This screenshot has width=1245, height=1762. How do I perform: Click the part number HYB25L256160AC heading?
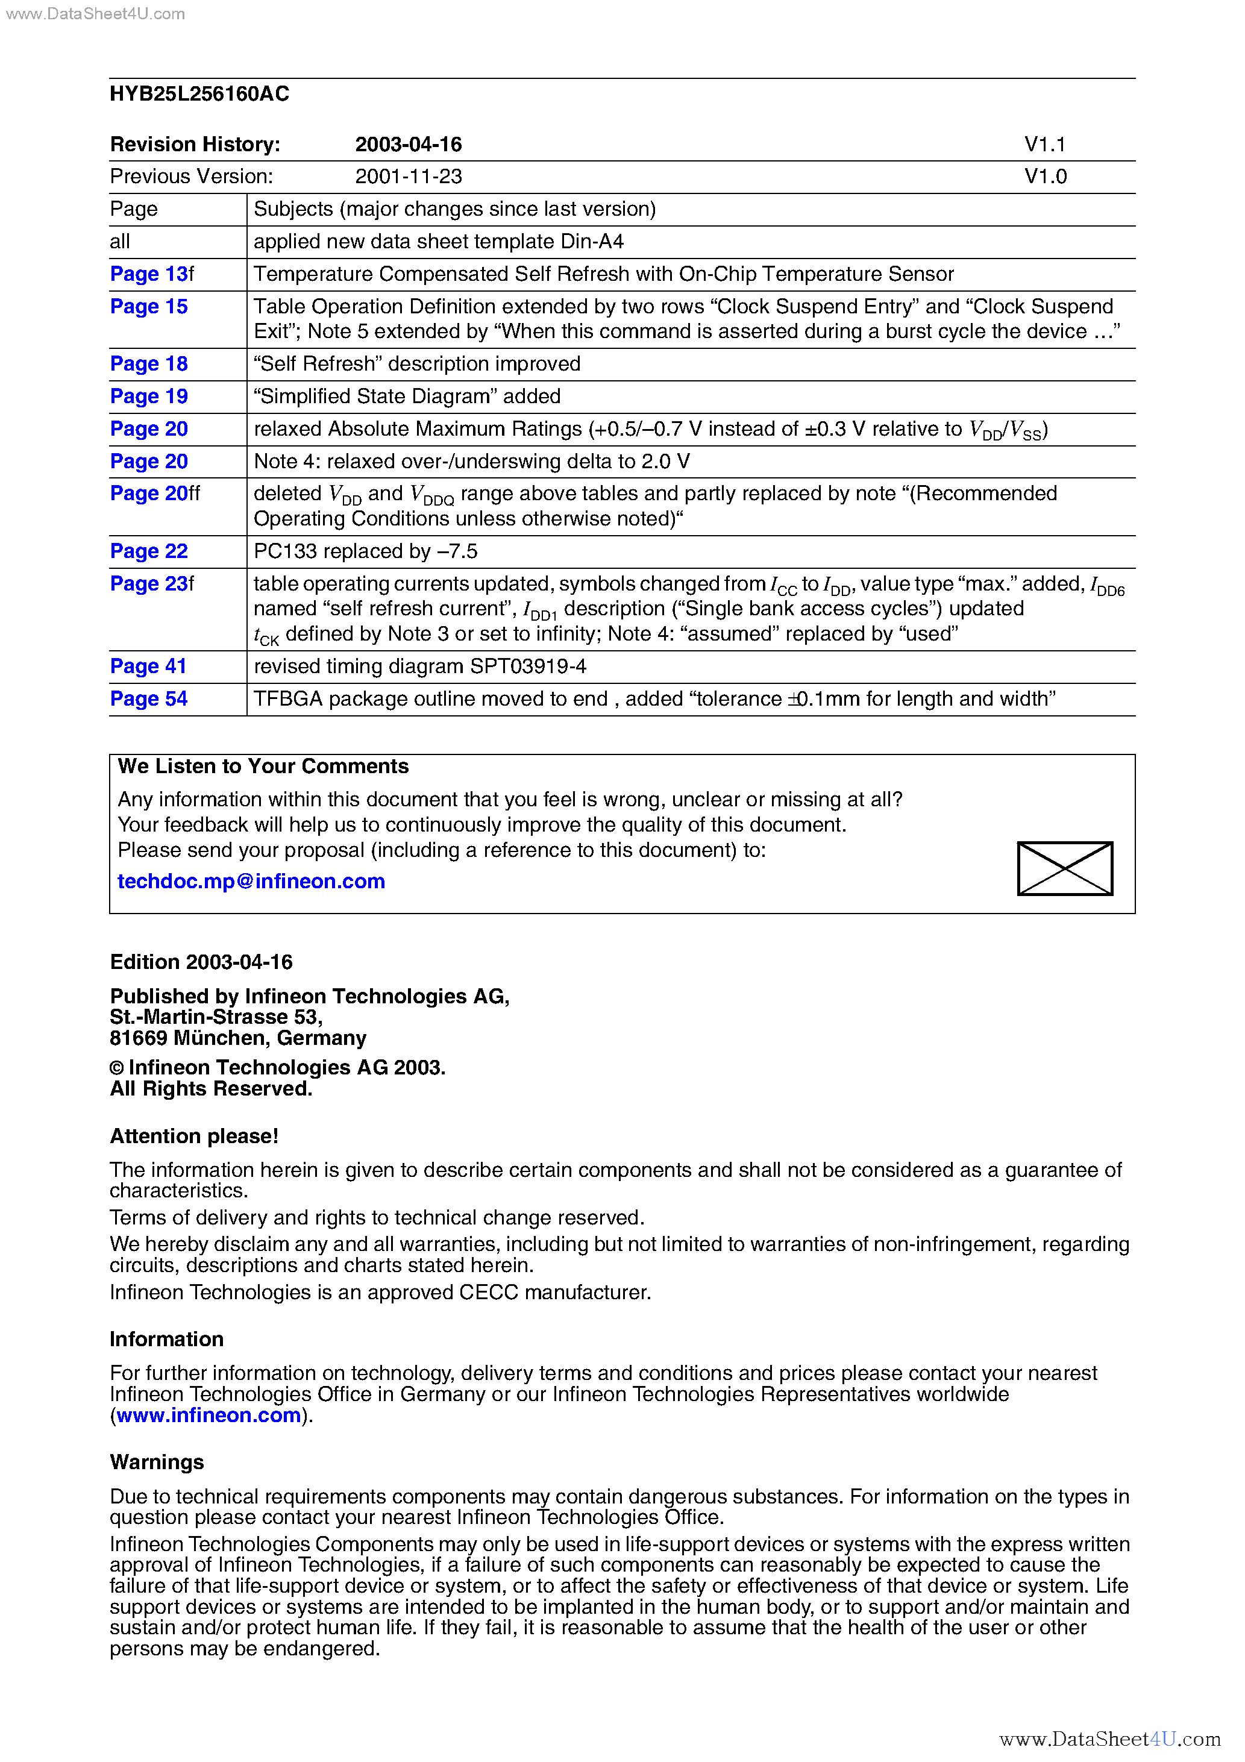tap(199, 93)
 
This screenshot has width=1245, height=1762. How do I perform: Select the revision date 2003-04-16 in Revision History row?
tap(409, 144)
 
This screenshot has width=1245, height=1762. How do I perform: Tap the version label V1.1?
tap(1045, 144)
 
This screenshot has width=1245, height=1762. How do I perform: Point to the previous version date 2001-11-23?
tap(409, 177)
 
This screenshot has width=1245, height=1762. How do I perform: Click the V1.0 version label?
tap(1046, 177)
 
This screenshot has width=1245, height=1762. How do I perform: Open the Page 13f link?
tap(152, 274)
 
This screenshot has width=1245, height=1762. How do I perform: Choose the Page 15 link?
tap(149, 306)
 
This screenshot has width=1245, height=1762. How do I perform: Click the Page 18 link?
tap(149, 364)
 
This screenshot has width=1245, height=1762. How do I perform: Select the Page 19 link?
tap(149, 396)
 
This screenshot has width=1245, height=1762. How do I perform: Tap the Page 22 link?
tap(149, 551)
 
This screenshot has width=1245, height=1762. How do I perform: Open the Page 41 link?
tap(148, 666)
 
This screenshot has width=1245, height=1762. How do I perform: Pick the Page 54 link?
tap(149, 698)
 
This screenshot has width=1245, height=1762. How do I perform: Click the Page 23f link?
tap(152, 584)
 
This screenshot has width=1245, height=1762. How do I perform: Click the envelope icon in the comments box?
tap(1065, 868)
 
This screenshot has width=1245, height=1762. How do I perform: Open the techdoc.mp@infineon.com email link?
tap(251, 881)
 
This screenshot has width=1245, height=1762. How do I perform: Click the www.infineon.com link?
tap(209, 1414)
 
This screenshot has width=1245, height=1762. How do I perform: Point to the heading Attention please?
tap(194, 1136)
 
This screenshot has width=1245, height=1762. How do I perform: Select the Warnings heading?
tap(157, 1462)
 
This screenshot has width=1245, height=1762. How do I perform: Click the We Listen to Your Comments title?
tap(263, 766)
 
